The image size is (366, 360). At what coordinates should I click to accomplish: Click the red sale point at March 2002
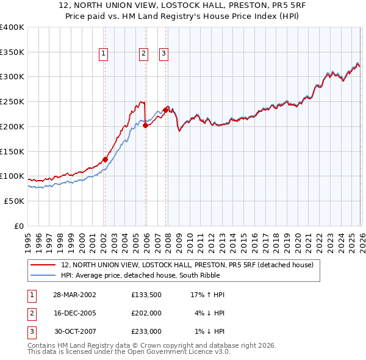point(105,159)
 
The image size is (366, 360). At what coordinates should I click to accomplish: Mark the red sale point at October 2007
point(165,110)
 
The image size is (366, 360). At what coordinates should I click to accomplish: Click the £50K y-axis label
point(13,201)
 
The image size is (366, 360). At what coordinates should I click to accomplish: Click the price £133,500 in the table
point(146,295)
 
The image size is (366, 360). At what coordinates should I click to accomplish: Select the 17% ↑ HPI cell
point(207,295)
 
